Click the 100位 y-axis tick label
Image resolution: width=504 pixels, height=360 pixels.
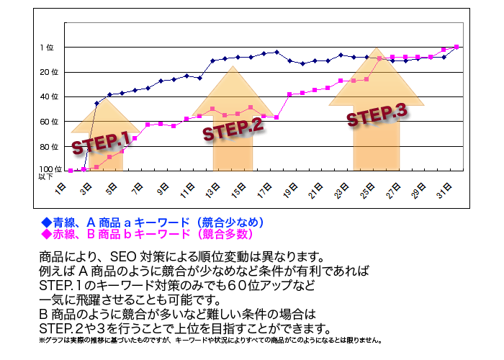(x=45, y=169)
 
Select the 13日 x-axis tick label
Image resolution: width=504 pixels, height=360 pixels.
(x=212, y=192)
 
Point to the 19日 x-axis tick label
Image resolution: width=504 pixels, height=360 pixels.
(x=290, y=192)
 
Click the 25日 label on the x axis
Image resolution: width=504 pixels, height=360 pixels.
(x=367, y=192)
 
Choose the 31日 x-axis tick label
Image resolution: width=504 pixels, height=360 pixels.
(x=444, y=192)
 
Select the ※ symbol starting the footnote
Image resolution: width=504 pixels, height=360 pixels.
(x=42, y=340)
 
